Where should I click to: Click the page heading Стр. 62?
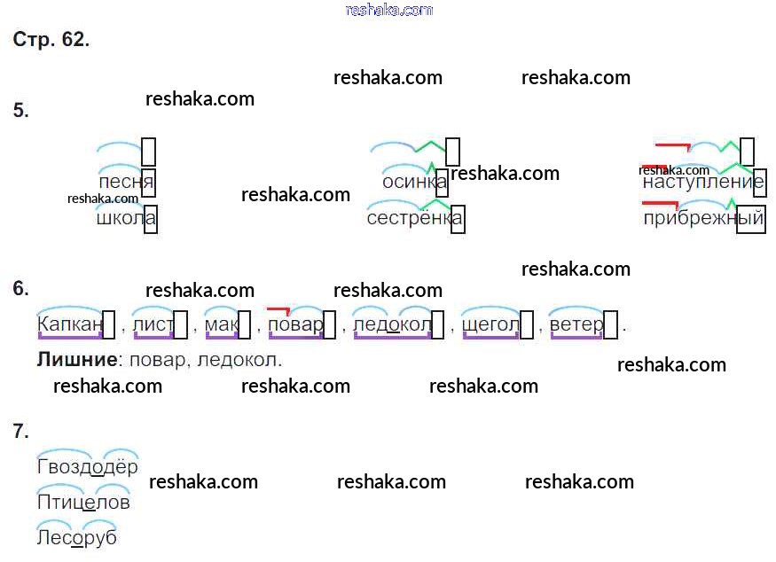coord(51,40)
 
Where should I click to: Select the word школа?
coord(120,218)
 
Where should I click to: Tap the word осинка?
coord(409,182)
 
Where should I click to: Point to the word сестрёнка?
coord(409,218)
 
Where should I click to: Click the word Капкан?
coord(70,325)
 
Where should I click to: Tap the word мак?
coord(221,325)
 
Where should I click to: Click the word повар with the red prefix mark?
coord(294,325)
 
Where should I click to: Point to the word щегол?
coord(490,325)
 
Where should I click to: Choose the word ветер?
coord(576,325)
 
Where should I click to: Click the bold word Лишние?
coord(77,360)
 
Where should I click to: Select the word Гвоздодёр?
coord(88,467)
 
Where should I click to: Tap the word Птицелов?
coord(83,503)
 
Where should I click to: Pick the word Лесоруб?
coord(77,537)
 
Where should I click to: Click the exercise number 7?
coord(21,432)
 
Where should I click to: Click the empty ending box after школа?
coord(151,219)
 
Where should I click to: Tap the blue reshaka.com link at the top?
coord(388,10)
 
